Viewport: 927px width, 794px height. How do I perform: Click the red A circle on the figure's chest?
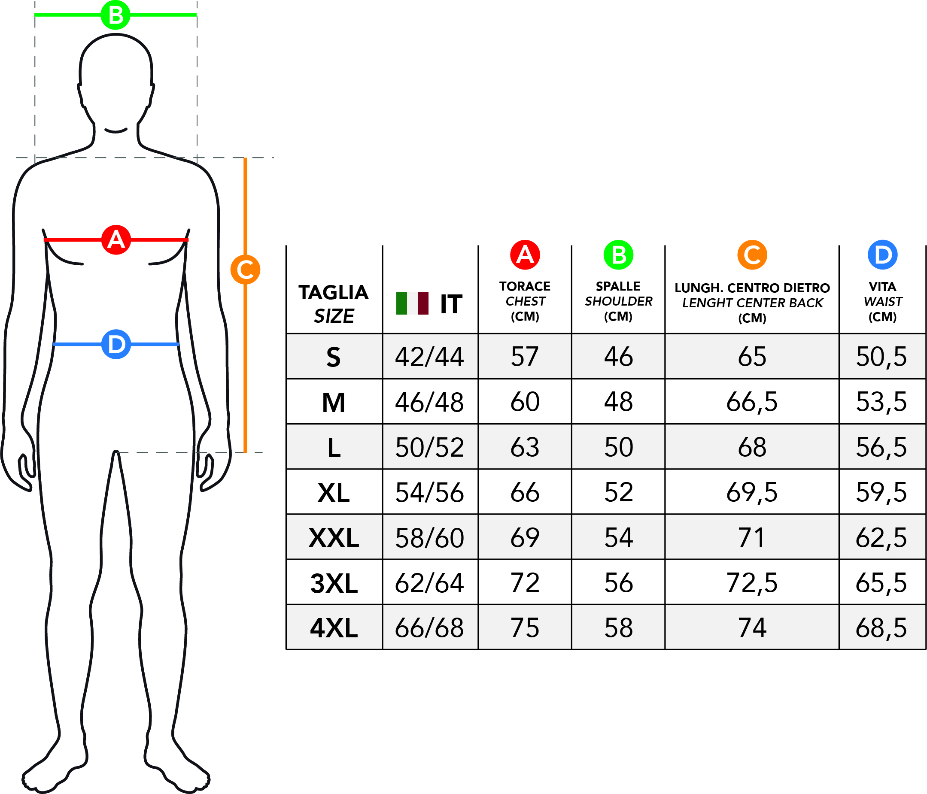(x=116, y=240)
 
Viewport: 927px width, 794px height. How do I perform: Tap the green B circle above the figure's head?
(x=115, y=15)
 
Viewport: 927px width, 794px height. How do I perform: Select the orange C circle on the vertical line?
(x=245, y=269)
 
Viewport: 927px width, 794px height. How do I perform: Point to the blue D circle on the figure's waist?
(x=116, y=344)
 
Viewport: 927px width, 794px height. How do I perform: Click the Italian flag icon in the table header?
(x=412, y=303)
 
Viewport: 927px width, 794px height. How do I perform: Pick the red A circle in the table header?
(x=525, y=255)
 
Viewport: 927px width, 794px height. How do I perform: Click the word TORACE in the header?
(x=525, y=286)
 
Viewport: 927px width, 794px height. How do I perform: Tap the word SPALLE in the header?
(x=618, y=286)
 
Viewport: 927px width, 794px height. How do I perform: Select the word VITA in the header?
(x=882, y=287)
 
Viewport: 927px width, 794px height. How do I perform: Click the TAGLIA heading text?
(x=334, y=293)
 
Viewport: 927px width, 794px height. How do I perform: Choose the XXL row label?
(x=334, y=538)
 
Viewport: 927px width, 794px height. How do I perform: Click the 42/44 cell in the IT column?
(x=429, y=357)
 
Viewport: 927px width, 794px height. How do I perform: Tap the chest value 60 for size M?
(x=525, y=402)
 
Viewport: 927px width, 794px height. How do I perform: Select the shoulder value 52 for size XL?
(x=619, y=492)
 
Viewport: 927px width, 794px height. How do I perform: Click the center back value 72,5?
(x=752, y=583)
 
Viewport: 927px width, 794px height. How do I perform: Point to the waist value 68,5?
(x=881, y=628)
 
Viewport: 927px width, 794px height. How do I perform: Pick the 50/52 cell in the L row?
(x=429, y=447)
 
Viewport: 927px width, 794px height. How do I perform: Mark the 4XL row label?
(x=334, y=628)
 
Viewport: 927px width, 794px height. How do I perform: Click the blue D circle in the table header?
(x=882, y=255)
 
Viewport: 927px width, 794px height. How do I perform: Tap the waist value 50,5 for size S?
(x=881, y=357)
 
